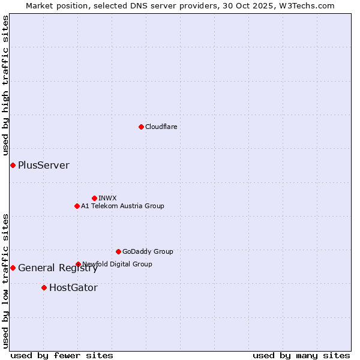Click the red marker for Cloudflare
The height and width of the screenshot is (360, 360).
tap(141, 127)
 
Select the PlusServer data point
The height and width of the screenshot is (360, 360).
tap(13, 165)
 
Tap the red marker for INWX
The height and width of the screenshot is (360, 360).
tap(94, 198)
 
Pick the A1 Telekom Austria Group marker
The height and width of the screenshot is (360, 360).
tap(77, 206)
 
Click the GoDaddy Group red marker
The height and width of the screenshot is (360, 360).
tap(118, 251)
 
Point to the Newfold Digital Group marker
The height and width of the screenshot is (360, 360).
tap(78, 264)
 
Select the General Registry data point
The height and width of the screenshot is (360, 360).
tap(13, 268)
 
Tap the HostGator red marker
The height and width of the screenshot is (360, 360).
tap(44, 287)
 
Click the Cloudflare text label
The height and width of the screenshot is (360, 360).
tap(161, 127)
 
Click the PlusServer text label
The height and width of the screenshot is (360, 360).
tap(44, 166)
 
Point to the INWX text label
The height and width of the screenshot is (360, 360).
tap(107, 198)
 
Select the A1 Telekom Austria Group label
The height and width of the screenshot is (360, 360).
tap(122, 206)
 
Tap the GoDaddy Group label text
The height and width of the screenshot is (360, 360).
tap(148, 251)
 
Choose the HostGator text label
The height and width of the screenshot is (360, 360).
tap(73, 288)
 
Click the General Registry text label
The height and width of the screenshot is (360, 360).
tap(58, 268)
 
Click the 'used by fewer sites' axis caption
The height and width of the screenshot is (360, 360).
tap(62, 355)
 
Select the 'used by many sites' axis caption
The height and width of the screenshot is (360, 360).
tap(301, 355)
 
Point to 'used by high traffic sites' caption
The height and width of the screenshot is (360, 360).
tap(5, 85)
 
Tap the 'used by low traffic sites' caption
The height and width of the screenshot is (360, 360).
tap(5, 280)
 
